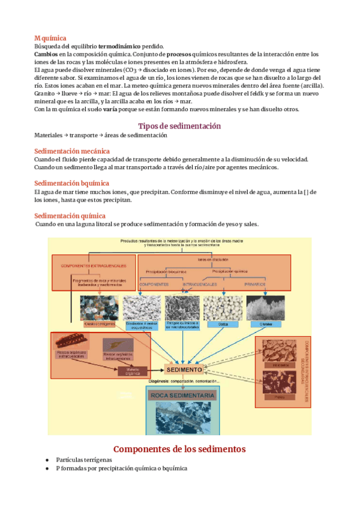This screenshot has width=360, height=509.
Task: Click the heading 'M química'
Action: tap(50, 38)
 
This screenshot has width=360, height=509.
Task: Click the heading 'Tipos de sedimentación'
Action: tap(179, 126)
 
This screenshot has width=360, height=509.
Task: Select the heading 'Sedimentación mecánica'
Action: tap(71, 151)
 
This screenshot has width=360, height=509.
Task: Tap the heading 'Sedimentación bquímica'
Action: tap(71, 183)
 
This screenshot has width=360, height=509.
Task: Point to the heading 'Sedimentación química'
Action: tap(70, 215)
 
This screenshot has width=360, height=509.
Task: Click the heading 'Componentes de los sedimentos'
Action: tap(179, 449)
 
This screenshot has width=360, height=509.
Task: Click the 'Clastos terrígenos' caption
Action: tap(99, 324)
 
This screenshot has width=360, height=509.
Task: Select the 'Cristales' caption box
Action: tap(266, 324)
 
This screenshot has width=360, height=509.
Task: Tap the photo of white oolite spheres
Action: tap(223, 307)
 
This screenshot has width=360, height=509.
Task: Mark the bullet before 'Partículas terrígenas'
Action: tap(47, 459)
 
